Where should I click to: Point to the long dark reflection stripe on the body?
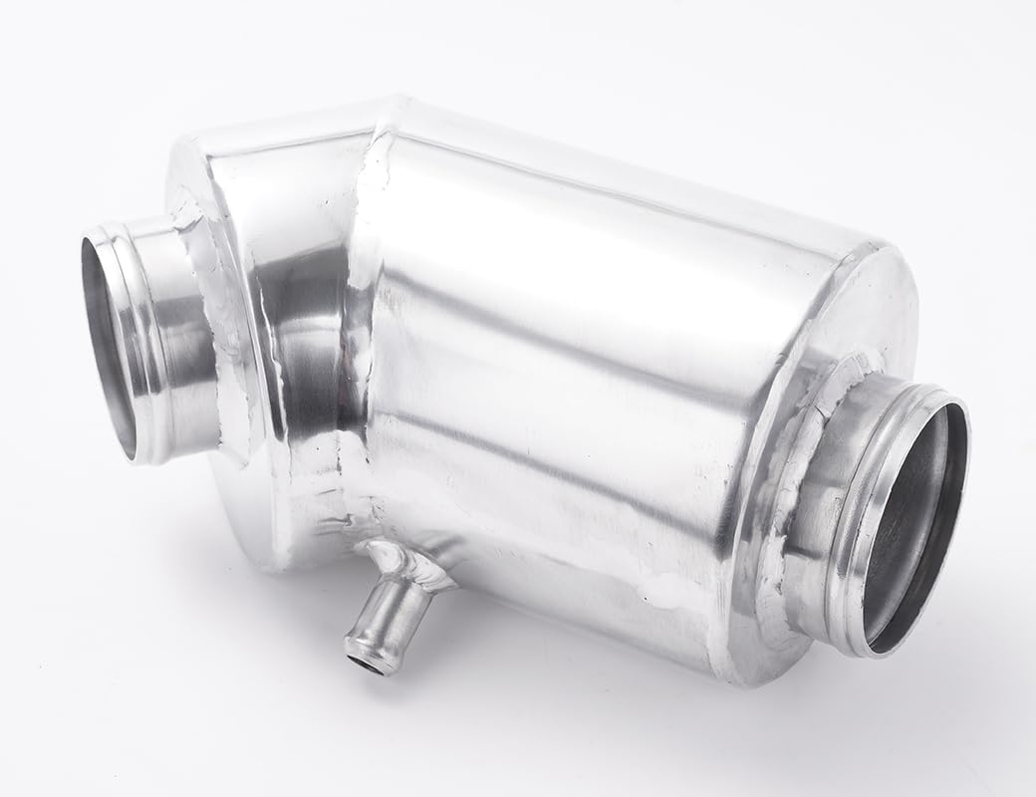558,329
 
